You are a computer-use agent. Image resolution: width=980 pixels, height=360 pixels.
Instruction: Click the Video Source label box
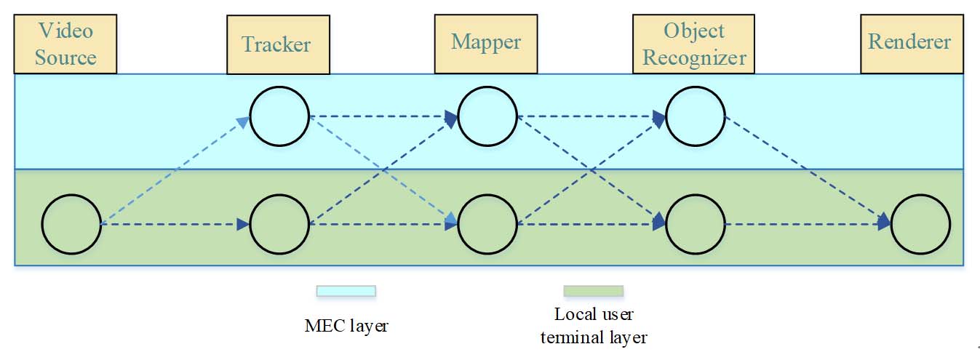tap(65, 44)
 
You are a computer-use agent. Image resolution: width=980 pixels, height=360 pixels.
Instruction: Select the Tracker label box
tap(276, 45)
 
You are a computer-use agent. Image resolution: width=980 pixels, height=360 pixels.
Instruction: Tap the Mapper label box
tap(486, 43)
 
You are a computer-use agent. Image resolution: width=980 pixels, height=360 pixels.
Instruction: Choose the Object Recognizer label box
tap(694, 44)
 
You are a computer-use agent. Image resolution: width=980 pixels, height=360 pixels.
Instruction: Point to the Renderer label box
tap(909, 43)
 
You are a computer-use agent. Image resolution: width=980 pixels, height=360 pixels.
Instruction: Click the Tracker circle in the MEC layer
tap(279, 116)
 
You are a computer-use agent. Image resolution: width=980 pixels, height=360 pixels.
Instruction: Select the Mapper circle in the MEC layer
tap(487, 116)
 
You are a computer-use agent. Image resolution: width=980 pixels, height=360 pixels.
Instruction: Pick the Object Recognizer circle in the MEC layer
tap(696, 116)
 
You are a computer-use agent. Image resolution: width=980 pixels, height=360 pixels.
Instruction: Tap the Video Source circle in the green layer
tap(71, 225)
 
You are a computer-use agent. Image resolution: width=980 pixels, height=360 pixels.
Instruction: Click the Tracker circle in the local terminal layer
tap(279, 225)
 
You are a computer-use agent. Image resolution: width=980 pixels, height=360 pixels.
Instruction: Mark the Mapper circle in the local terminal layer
tap(487, 225)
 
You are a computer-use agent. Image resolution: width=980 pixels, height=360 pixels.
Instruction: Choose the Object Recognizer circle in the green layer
tap(696, 225)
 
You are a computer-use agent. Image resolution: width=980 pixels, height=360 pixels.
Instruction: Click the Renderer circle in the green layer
tap(920, 225)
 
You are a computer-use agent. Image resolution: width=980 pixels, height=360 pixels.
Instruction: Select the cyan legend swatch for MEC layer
tap(346, 291)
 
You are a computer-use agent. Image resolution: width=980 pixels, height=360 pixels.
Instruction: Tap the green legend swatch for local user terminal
tap(594, 291)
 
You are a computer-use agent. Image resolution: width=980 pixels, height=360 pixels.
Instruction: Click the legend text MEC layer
tap(346, 325)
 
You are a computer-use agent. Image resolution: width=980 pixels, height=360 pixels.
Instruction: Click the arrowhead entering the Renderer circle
tap(883, 222)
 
